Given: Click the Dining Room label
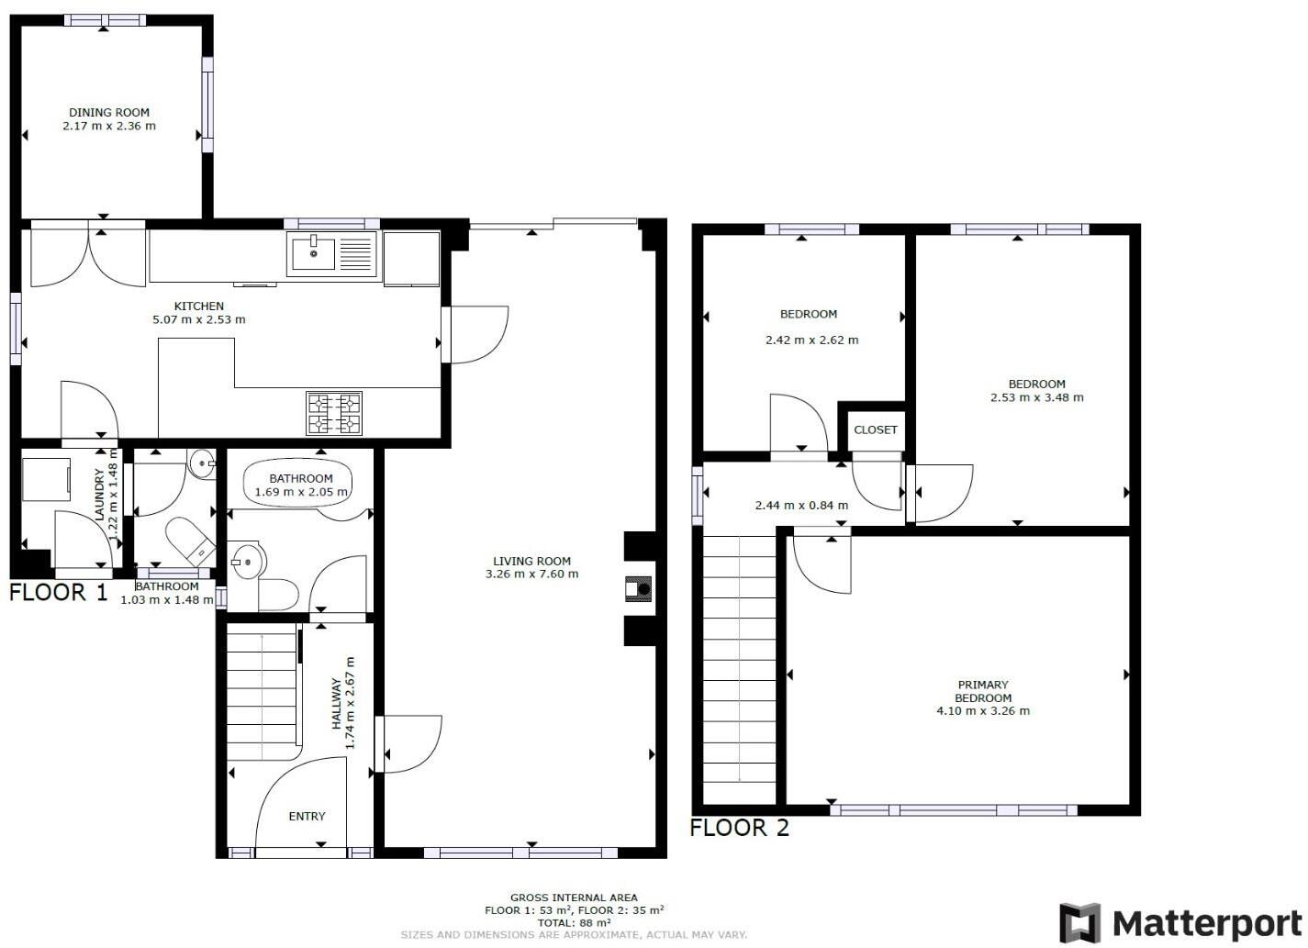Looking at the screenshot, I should [109, 113].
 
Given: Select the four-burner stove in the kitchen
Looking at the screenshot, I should [334, 412].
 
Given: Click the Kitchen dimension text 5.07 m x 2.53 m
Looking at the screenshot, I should [199, 320].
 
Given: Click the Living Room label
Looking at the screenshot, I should [531, 561].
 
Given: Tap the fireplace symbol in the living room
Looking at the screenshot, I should [639, 588].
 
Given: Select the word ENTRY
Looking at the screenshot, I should [307, 816].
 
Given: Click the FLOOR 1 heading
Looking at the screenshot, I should [59, 593].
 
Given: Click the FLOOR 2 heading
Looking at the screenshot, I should [739, 828].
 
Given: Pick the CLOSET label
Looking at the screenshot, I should [875, 429].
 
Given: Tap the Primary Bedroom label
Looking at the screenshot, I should [982, 691].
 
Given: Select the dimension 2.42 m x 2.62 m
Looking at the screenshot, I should [811, 340].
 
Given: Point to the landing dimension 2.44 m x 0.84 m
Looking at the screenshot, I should [800, 505].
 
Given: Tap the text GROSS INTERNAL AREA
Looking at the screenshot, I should [574, 898].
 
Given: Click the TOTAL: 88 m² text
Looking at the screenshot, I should [574, 922].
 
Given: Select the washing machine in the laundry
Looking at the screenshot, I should [46, 479].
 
